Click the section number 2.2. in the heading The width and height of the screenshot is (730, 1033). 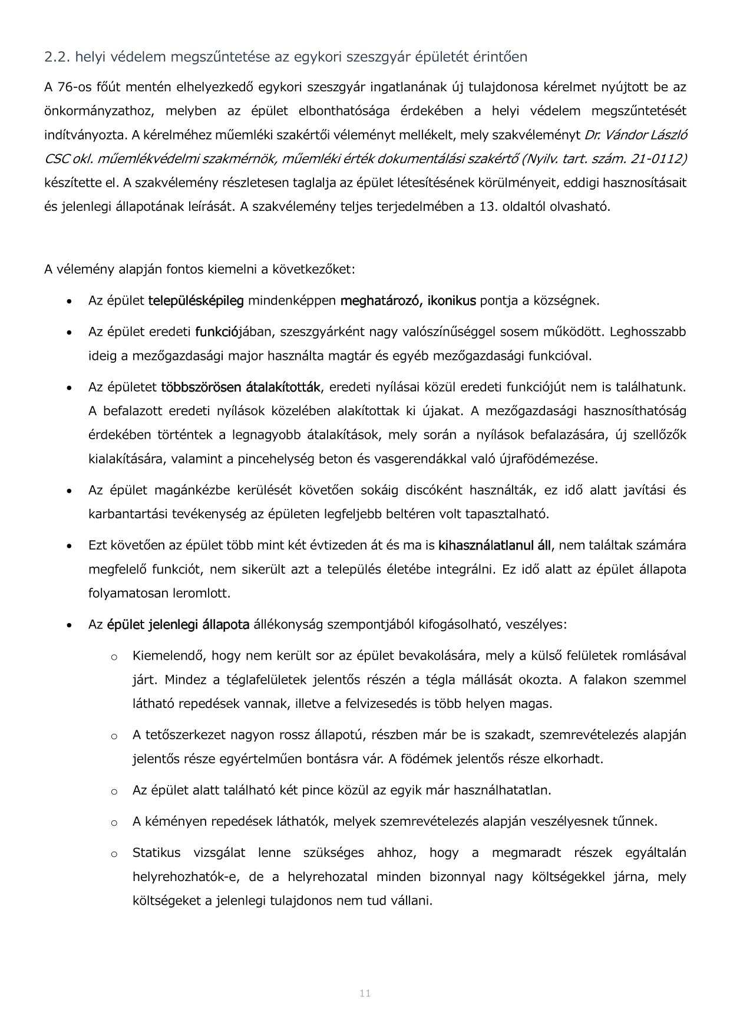pyautogui.click(x=57, y=57)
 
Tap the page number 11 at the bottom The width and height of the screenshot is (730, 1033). pyautogui.click(x=365, y=994)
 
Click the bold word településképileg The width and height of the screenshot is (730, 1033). pyautogui.click(x=196, y=301)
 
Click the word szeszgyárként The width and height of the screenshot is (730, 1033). pyautogui.click(x=318, y=332)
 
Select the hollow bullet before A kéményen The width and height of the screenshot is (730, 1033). pyautogui.click(x=114, y=822)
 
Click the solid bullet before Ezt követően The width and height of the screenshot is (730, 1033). pyautogui.click(x=70, y=546)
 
